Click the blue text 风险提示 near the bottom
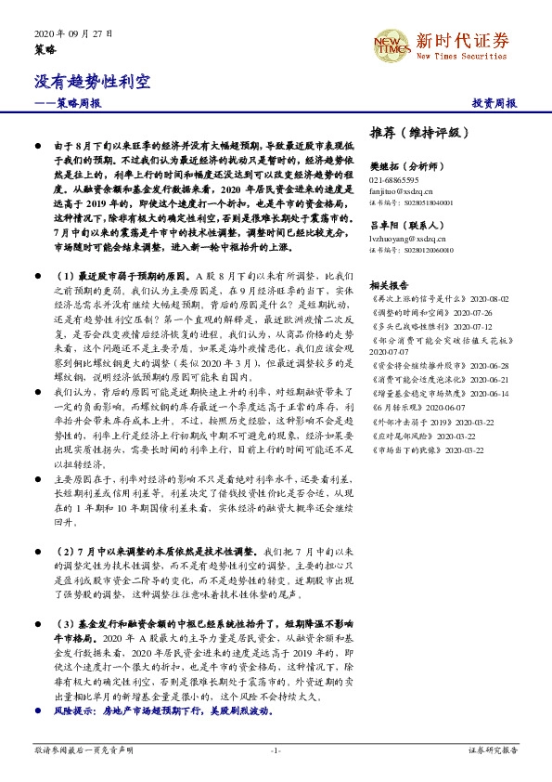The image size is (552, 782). [x=74, y=710]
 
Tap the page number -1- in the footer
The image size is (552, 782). [x=275, y=749]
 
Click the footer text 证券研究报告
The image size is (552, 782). [x=493, y=749]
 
